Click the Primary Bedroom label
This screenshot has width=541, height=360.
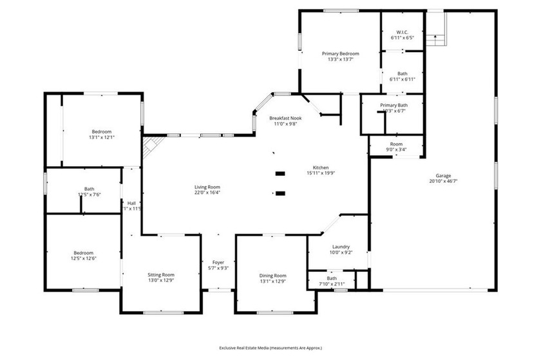[x=340, y=53]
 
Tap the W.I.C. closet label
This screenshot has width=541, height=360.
[x=402, y=32]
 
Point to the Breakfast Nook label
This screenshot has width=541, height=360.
[x=285, y=118]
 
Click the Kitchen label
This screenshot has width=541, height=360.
[x=320, y=166]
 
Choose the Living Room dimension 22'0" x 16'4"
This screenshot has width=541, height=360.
[x=207, y=193]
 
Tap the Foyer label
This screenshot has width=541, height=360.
[x=218, y=262]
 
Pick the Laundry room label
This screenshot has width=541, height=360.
[x=341, y=247]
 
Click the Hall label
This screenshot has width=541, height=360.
[x=131, y=203]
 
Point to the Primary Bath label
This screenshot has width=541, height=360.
[x=394, y=105]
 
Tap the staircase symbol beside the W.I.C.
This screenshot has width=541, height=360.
[x=437, y=30]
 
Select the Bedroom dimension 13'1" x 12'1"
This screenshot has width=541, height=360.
[x=101, y=137]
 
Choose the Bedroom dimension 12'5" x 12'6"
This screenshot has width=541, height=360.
[x=83, y=258]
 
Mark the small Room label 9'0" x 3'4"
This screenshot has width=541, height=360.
[x=396, y=149]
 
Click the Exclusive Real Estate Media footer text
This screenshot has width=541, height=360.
[x=270, y=348]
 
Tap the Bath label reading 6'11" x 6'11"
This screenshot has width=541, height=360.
[x=402, y=79]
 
